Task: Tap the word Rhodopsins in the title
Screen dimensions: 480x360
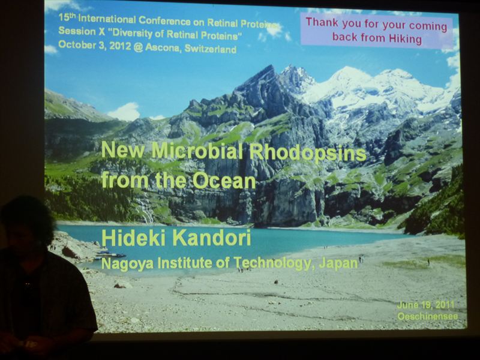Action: coord(308,152)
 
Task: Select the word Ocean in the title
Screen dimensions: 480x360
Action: coord(224,181)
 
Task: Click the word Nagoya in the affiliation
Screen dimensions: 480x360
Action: coord(127,263)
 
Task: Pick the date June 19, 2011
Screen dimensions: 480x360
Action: coord(425,305)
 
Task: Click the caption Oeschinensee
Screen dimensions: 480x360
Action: coord(428,316)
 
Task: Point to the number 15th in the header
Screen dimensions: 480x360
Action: coord(67,17)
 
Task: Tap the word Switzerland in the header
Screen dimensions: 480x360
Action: coord(211,49)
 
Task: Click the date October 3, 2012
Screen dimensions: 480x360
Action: coord(95,46)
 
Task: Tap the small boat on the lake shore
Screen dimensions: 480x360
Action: coord(110,254)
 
